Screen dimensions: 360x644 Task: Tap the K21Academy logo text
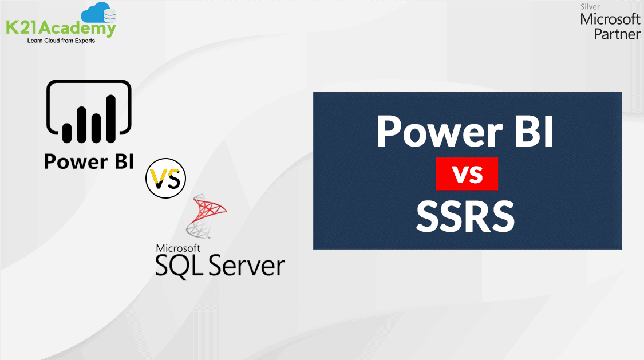(61, 27)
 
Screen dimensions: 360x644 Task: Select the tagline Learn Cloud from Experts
(61, 41)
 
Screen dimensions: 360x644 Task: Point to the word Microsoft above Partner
(610, 19)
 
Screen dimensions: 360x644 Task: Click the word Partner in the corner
(617, 34)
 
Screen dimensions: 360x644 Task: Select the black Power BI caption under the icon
(89, 161)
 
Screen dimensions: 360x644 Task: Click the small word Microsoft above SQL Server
(178, 248)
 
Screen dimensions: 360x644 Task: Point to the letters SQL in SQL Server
(179, 266)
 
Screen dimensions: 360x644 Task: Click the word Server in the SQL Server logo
(247, 266)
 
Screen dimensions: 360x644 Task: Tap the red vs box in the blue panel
(467, 175)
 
